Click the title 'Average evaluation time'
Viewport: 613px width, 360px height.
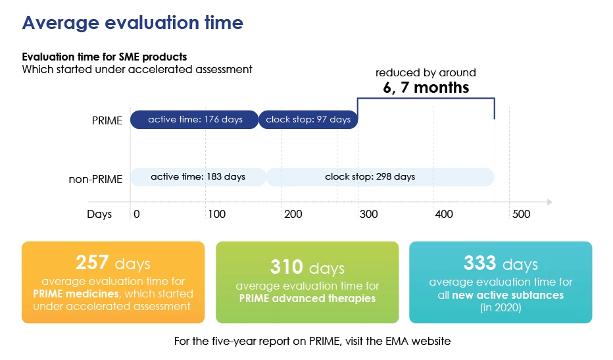point(133,23)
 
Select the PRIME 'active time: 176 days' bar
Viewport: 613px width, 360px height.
point(194,120)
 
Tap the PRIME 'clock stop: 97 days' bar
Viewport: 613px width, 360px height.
point(309,120)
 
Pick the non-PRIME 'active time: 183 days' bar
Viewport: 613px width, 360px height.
point(197,177)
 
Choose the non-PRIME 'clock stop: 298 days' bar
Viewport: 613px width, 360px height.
point(380,177)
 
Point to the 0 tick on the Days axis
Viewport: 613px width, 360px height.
point(137,215)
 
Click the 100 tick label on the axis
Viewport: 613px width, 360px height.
point(216,215)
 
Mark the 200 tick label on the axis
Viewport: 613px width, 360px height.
point(293,215)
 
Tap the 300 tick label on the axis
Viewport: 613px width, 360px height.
point(368,215)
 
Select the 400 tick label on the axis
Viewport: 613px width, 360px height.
point(444,215)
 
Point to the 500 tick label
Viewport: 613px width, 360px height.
point(521,215)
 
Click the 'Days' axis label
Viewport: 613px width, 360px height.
point(99,215)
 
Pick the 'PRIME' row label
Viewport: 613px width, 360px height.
point(107,121)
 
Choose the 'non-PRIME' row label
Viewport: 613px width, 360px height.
point(95,178)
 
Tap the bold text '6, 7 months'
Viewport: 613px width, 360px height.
point(426,87)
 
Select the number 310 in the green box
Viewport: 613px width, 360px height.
point(287,267)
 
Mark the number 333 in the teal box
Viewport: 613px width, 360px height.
point(480,263)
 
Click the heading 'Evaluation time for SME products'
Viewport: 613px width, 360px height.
point(105,57)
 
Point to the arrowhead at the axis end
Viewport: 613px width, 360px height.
point(549,202)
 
